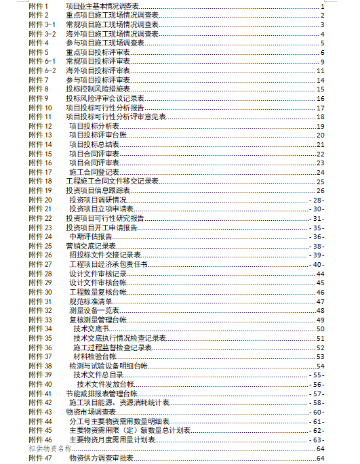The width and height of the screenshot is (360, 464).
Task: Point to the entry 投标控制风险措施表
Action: [97, 89]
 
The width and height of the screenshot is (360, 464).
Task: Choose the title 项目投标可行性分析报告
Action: [104, 108]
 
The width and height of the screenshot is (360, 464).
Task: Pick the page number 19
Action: [321, 126]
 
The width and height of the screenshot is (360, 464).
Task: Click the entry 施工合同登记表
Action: [94, 172]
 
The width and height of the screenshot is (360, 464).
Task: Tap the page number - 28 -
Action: [318, 201]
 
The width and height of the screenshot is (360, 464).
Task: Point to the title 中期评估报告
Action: [89, 237]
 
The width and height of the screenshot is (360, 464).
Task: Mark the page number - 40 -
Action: [318, 265]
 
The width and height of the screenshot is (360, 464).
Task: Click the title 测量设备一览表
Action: [94, 311]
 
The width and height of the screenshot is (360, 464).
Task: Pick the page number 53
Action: [321, 357]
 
